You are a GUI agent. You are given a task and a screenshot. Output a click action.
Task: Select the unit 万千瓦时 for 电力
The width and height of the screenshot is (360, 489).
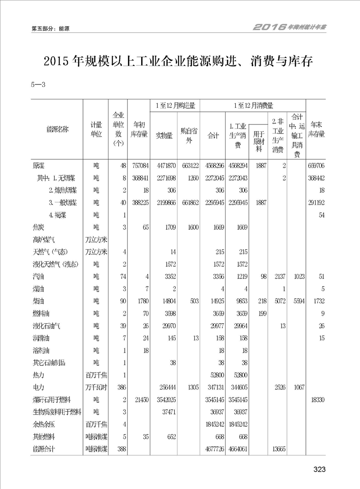click(x=96, y=387)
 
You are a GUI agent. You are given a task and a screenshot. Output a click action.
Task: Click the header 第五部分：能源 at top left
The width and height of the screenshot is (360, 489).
click(x=50, y=28)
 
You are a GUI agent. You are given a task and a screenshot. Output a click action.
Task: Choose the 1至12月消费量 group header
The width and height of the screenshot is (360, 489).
click(x=253, y=105)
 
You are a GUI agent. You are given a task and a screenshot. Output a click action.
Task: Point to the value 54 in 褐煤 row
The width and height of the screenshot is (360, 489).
click(x=322, y=215)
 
